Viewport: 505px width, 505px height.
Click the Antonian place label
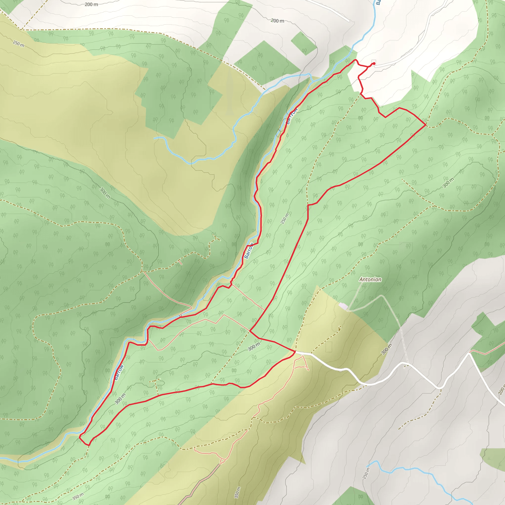pos(370,279)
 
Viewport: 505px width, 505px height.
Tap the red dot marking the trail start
pos(374,64)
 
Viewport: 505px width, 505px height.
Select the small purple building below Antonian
pos(343,306)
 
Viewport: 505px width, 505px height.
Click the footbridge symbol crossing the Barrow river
pos(180,316)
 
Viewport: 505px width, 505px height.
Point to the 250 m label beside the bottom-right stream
pos(366,473)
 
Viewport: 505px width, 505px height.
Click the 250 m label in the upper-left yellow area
pos(18,44)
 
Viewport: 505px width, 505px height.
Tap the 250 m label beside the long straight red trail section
pos(285,218)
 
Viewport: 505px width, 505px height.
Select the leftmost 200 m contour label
pos(91,4)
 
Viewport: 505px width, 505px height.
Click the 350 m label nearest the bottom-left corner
pos(78,496)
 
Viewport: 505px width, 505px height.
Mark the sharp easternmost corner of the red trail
pos(426,125)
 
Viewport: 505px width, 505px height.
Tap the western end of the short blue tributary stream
pos(154,138)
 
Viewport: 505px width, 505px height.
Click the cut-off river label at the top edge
pos(378,3)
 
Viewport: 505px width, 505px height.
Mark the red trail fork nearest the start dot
pos(368,67)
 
